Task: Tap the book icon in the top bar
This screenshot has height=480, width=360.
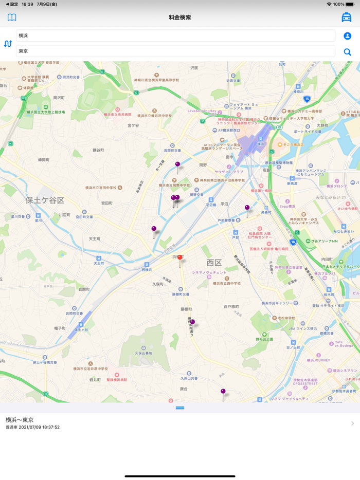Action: (12, 17)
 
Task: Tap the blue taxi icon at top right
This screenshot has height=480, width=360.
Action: (347, 17)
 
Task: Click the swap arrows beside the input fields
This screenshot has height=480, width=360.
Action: (8, 44)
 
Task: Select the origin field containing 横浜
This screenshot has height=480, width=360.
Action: (175, 35)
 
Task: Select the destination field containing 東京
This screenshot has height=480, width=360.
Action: (175, 51)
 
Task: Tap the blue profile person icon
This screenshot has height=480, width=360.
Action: (348, 36)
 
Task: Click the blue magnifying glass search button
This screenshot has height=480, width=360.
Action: (348, 52)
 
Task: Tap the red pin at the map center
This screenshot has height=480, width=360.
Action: (179, 260)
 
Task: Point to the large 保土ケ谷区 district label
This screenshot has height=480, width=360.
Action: (45, 200)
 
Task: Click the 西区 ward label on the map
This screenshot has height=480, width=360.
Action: (214, 263)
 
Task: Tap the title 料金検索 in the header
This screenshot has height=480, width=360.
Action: (180, 17)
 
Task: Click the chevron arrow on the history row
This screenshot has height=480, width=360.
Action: (352, 423)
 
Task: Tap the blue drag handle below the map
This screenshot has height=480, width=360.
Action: (180, 408)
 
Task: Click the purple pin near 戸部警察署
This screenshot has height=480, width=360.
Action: (247, 209)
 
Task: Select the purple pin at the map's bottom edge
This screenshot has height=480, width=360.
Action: (223, 393)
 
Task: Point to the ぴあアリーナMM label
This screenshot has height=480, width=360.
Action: (325, 241)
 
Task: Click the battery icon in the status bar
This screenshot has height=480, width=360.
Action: (351, 4)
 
